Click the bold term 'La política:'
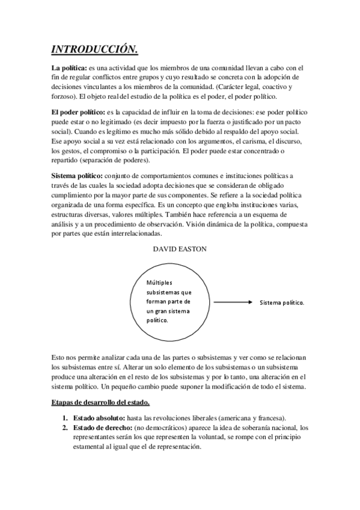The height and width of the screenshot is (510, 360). (x=69, y=68)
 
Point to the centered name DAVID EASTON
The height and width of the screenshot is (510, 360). (x=180, y=248)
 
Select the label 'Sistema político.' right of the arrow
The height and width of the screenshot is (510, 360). (x=282, y=302)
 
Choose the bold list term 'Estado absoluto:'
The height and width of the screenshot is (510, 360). (x=99, y=418)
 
